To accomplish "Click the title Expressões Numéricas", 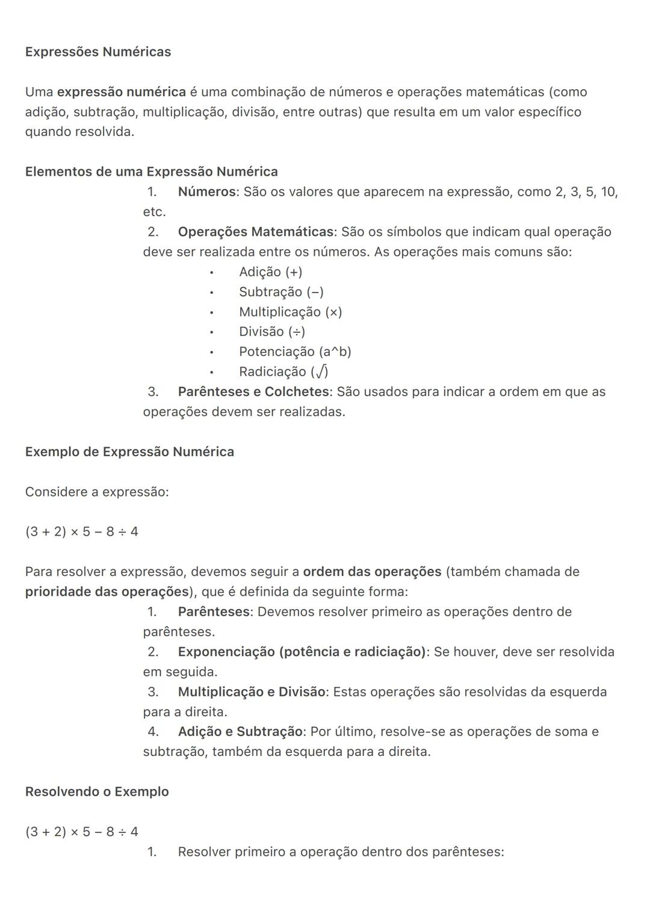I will click(x=98, y=52).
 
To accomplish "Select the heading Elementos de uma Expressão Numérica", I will click(x=151, y=172).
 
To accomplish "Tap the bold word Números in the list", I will click(x=206, y=192).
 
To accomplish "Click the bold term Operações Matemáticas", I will click(x=255, y=232).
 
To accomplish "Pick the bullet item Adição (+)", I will click(x=270, y=272).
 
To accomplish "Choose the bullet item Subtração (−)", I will click(x=281, y=292).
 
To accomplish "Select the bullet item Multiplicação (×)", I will click(x=290, y=312).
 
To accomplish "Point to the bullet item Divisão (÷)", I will click(x=271, y=332).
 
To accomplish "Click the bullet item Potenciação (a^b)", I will click(x=295, y=351).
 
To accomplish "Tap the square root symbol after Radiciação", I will click(x=322, y=372).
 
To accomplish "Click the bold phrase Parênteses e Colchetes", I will click(x=253, y=392).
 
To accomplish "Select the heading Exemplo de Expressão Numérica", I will click(x=129, y=452).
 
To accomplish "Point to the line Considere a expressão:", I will click(x=97, y=492).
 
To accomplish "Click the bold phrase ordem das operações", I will click(x=372, y=572).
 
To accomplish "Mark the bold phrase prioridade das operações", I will click(x=107, y=592).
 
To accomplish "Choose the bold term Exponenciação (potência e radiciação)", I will click(x=302, y=652).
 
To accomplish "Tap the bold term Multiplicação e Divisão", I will click(x=251, y=692).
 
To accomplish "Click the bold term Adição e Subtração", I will click(x=240, y=732).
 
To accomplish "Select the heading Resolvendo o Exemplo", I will click(x=97, y=791).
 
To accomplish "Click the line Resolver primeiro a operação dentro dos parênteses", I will click(x=341, y=852).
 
